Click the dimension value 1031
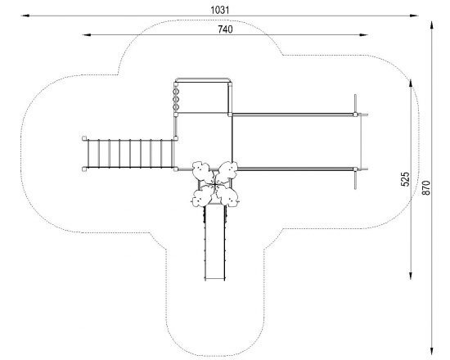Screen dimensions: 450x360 point(220,10)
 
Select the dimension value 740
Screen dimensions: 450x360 point(225,29)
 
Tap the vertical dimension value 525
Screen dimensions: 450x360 point(405,179)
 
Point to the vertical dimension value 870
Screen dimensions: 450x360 point(426,187)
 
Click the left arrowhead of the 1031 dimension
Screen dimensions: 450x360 point(25,16)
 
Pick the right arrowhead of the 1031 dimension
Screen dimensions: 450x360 point(414,16)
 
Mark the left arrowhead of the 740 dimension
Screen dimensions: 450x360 point(87,34)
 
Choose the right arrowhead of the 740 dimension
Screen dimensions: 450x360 point(363,34)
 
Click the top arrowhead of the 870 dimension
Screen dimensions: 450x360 point(431,25)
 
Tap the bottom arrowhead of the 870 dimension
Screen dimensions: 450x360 point(431,351)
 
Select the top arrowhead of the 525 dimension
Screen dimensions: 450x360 point(411,83)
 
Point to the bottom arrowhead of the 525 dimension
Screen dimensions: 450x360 point(411,275)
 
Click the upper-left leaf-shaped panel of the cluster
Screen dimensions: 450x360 point(201,171)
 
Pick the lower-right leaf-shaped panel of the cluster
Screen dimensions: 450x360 point(228,196)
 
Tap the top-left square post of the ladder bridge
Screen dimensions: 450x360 point(84,138)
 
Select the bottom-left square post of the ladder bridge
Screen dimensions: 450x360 point(84,169)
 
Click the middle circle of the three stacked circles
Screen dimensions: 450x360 point(176,99)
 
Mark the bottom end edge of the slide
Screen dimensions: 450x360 point(215,278)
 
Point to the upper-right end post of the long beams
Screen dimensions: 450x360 point(355,115)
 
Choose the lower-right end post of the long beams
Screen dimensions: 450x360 point(355,169)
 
